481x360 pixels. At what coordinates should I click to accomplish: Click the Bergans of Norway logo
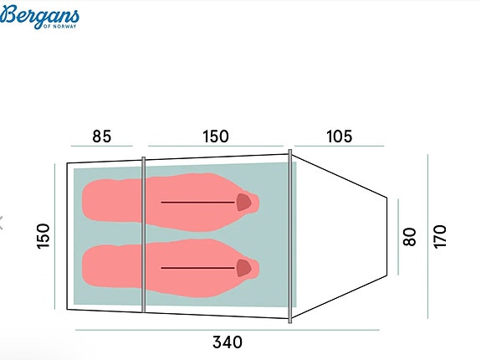click(39, 17)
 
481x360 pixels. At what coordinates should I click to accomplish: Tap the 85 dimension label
click(102, 136)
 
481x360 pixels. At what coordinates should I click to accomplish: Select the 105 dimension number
click(339, 136)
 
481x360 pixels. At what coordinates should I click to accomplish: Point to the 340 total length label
click(228, 342)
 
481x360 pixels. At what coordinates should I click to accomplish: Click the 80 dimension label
click(410, 237)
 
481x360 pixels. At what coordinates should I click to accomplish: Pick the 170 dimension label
click(440, 236)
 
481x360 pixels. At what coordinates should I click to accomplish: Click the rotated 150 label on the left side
click(43, 236)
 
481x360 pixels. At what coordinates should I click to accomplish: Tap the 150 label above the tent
click(216, 136)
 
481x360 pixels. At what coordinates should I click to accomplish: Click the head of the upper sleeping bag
click(244, 203)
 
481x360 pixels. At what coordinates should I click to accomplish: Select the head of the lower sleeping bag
click(244, 268)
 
